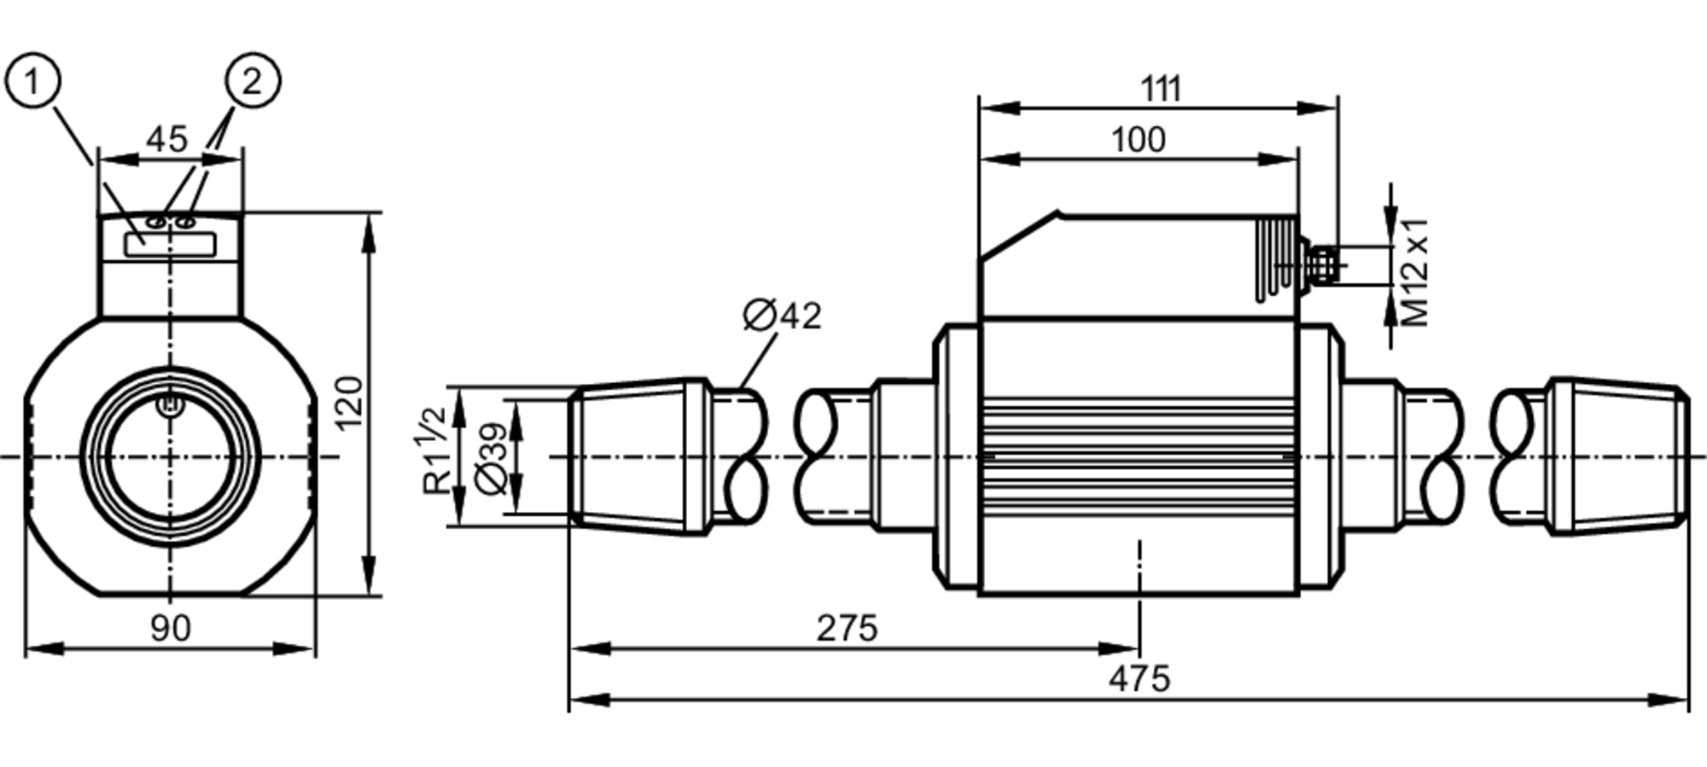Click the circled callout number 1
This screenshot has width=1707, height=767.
tap(32, 83)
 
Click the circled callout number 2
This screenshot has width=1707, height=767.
tap(252, 83)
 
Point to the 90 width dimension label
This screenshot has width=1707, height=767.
tap(170, 629)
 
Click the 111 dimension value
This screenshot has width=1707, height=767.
tap(1161, 89)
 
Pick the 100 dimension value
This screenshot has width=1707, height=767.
tap(1139, 140)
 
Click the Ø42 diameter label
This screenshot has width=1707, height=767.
tap(782, 316)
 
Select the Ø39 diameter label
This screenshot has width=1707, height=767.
tap(493, 457)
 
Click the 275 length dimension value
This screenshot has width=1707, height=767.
tap(847, 629)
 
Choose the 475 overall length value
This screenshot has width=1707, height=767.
tap(1139, 680)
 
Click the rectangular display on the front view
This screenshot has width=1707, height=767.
tap(170, 246)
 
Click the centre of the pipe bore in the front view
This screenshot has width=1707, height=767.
tap(171, 457)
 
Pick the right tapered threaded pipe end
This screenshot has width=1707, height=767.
tap(1618, 457)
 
